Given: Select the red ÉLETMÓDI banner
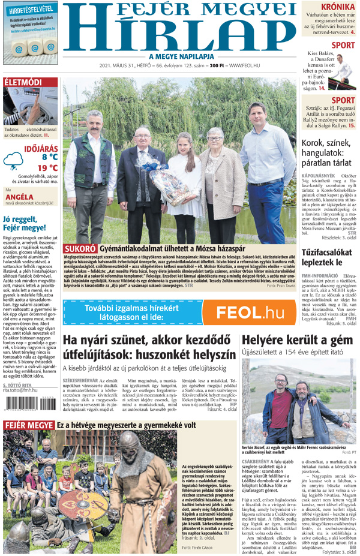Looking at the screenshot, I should coord(23,82).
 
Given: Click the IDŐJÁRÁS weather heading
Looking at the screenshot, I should coord(41,146).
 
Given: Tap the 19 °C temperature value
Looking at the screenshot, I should coord(47,168).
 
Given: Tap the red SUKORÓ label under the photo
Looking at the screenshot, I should coord(80,248).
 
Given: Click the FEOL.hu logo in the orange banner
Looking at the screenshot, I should coord(250,312).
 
